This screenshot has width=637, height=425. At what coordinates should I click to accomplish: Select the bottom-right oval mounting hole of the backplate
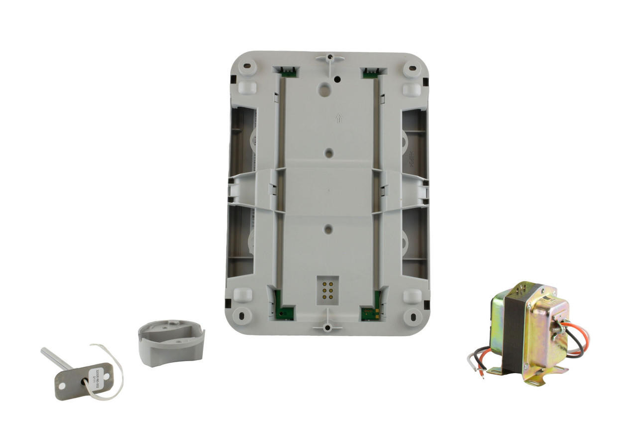tap(413, 315)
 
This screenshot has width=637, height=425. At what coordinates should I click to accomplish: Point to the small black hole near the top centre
tap(337, 79)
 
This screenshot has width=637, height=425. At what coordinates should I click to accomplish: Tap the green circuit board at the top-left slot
tap(288, 73)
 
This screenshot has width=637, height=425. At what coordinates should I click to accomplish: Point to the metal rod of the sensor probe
tap(56, 359)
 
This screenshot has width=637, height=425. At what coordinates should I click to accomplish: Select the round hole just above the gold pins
tap(327, 229)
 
